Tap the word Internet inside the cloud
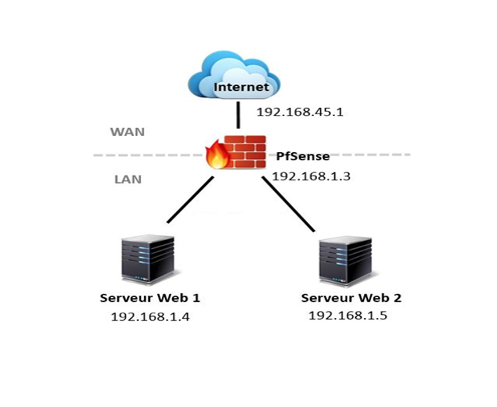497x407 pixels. click(241, 87)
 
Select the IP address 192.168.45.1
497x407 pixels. click(299, 112)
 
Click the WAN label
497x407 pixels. click(128, 132)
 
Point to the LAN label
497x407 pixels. click(128, 179)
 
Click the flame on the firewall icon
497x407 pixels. click(216, 155)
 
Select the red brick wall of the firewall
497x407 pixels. click(244, 151)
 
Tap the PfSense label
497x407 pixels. click(303, 156)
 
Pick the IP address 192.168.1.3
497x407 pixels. click(311, 176)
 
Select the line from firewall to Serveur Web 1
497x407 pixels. click(190, 199)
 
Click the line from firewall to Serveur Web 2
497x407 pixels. click(288, 203)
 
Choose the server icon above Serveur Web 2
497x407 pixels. click(345, 260)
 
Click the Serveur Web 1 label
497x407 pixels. click(150, 298)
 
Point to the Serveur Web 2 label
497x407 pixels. click(351, 298)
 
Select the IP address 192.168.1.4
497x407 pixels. click(150, 317)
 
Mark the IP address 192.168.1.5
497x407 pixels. click(348, 315)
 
